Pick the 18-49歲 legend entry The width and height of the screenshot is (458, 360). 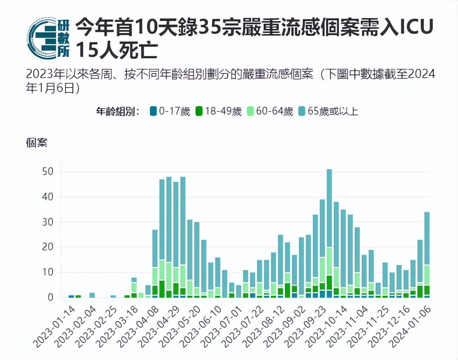click(x=219, y=111)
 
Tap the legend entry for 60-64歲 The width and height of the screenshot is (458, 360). click(x=270, y=111)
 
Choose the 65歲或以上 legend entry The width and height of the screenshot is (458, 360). click(x=329, y=111)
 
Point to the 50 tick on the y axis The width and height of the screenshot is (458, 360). click(x=47, y=172)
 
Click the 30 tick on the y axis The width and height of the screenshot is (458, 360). click(x=47, y=222)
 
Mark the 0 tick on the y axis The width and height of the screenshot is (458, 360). click(x=50, y=297)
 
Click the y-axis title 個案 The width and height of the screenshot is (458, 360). click(x=36, y=143)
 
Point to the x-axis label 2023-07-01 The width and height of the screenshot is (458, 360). click(x=222, y=326)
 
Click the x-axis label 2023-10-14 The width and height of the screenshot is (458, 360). click(x=327, y=326)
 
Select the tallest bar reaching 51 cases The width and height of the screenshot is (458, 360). click(x=329, y=232)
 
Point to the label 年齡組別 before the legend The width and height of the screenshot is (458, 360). click(x=118, y=111)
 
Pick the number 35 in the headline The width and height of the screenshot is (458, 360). click(x=211, y=27)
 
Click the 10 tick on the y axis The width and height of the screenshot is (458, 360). click(x=47, y=272)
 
